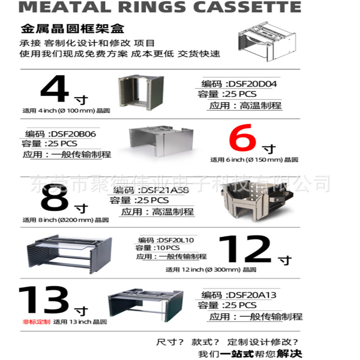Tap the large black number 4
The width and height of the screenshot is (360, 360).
point(54,89)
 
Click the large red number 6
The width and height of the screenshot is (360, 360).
point(245,139)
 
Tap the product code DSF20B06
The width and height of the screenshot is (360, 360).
point(73,134)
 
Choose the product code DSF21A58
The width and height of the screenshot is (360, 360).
point(165,190)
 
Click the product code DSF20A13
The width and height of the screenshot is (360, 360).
point(252,295)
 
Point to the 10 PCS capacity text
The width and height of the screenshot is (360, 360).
point(168,248)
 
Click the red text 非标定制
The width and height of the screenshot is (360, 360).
point(36,322)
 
